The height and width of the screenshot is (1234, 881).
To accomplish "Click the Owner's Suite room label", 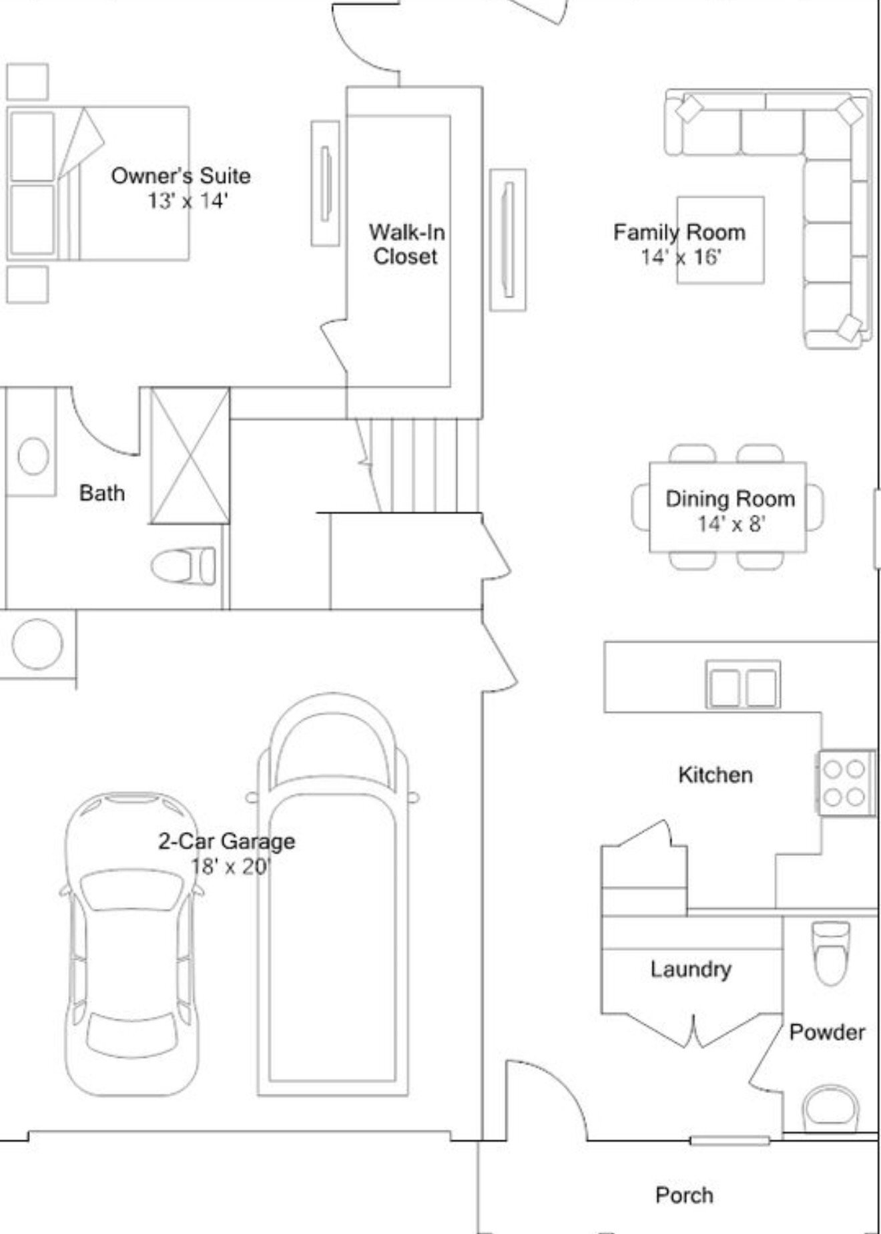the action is [x=181, y=176].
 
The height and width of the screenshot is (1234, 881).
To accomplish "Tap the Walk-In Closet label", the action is [x=406, y=244].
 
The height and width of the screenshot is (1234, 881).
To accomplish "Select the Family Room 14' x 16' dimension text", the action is [x=681, y=256].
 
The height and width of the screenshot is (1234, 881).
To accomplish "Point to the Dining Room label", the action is [x=730, y=499].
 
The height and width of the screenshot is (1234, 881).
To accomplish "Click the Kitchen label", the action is [x=715, y=775].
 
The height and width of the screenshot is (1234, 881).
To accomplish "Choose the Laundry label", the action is [x=691, y=970].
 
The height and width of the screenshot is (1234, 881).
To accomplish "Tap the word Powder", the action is [x=827, y=1032].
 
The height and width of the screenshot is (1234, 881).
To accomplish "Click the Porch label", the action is [x=684, y=1195].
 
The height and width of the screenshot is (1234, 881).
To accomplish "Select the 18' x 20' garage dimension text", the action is [x=230, y=866].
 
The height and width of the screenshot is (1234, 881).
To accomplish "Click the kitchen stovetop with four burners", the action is [x=846, y=783].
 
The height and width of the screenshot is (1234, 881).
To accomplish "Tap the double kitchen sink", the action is [x=743, y=685].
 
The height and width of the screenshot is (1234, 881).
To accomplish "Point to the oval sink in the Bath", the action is [x=33, y=457].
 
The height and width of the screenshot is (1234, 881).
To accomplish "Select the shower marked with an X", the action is [x=190, y=456].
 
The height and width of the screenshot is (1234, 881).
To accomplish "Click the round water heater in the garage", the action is [x=37, y=644].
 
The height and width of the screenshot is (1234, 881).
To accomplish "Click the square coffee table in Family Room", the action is [x=721, y=240].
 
